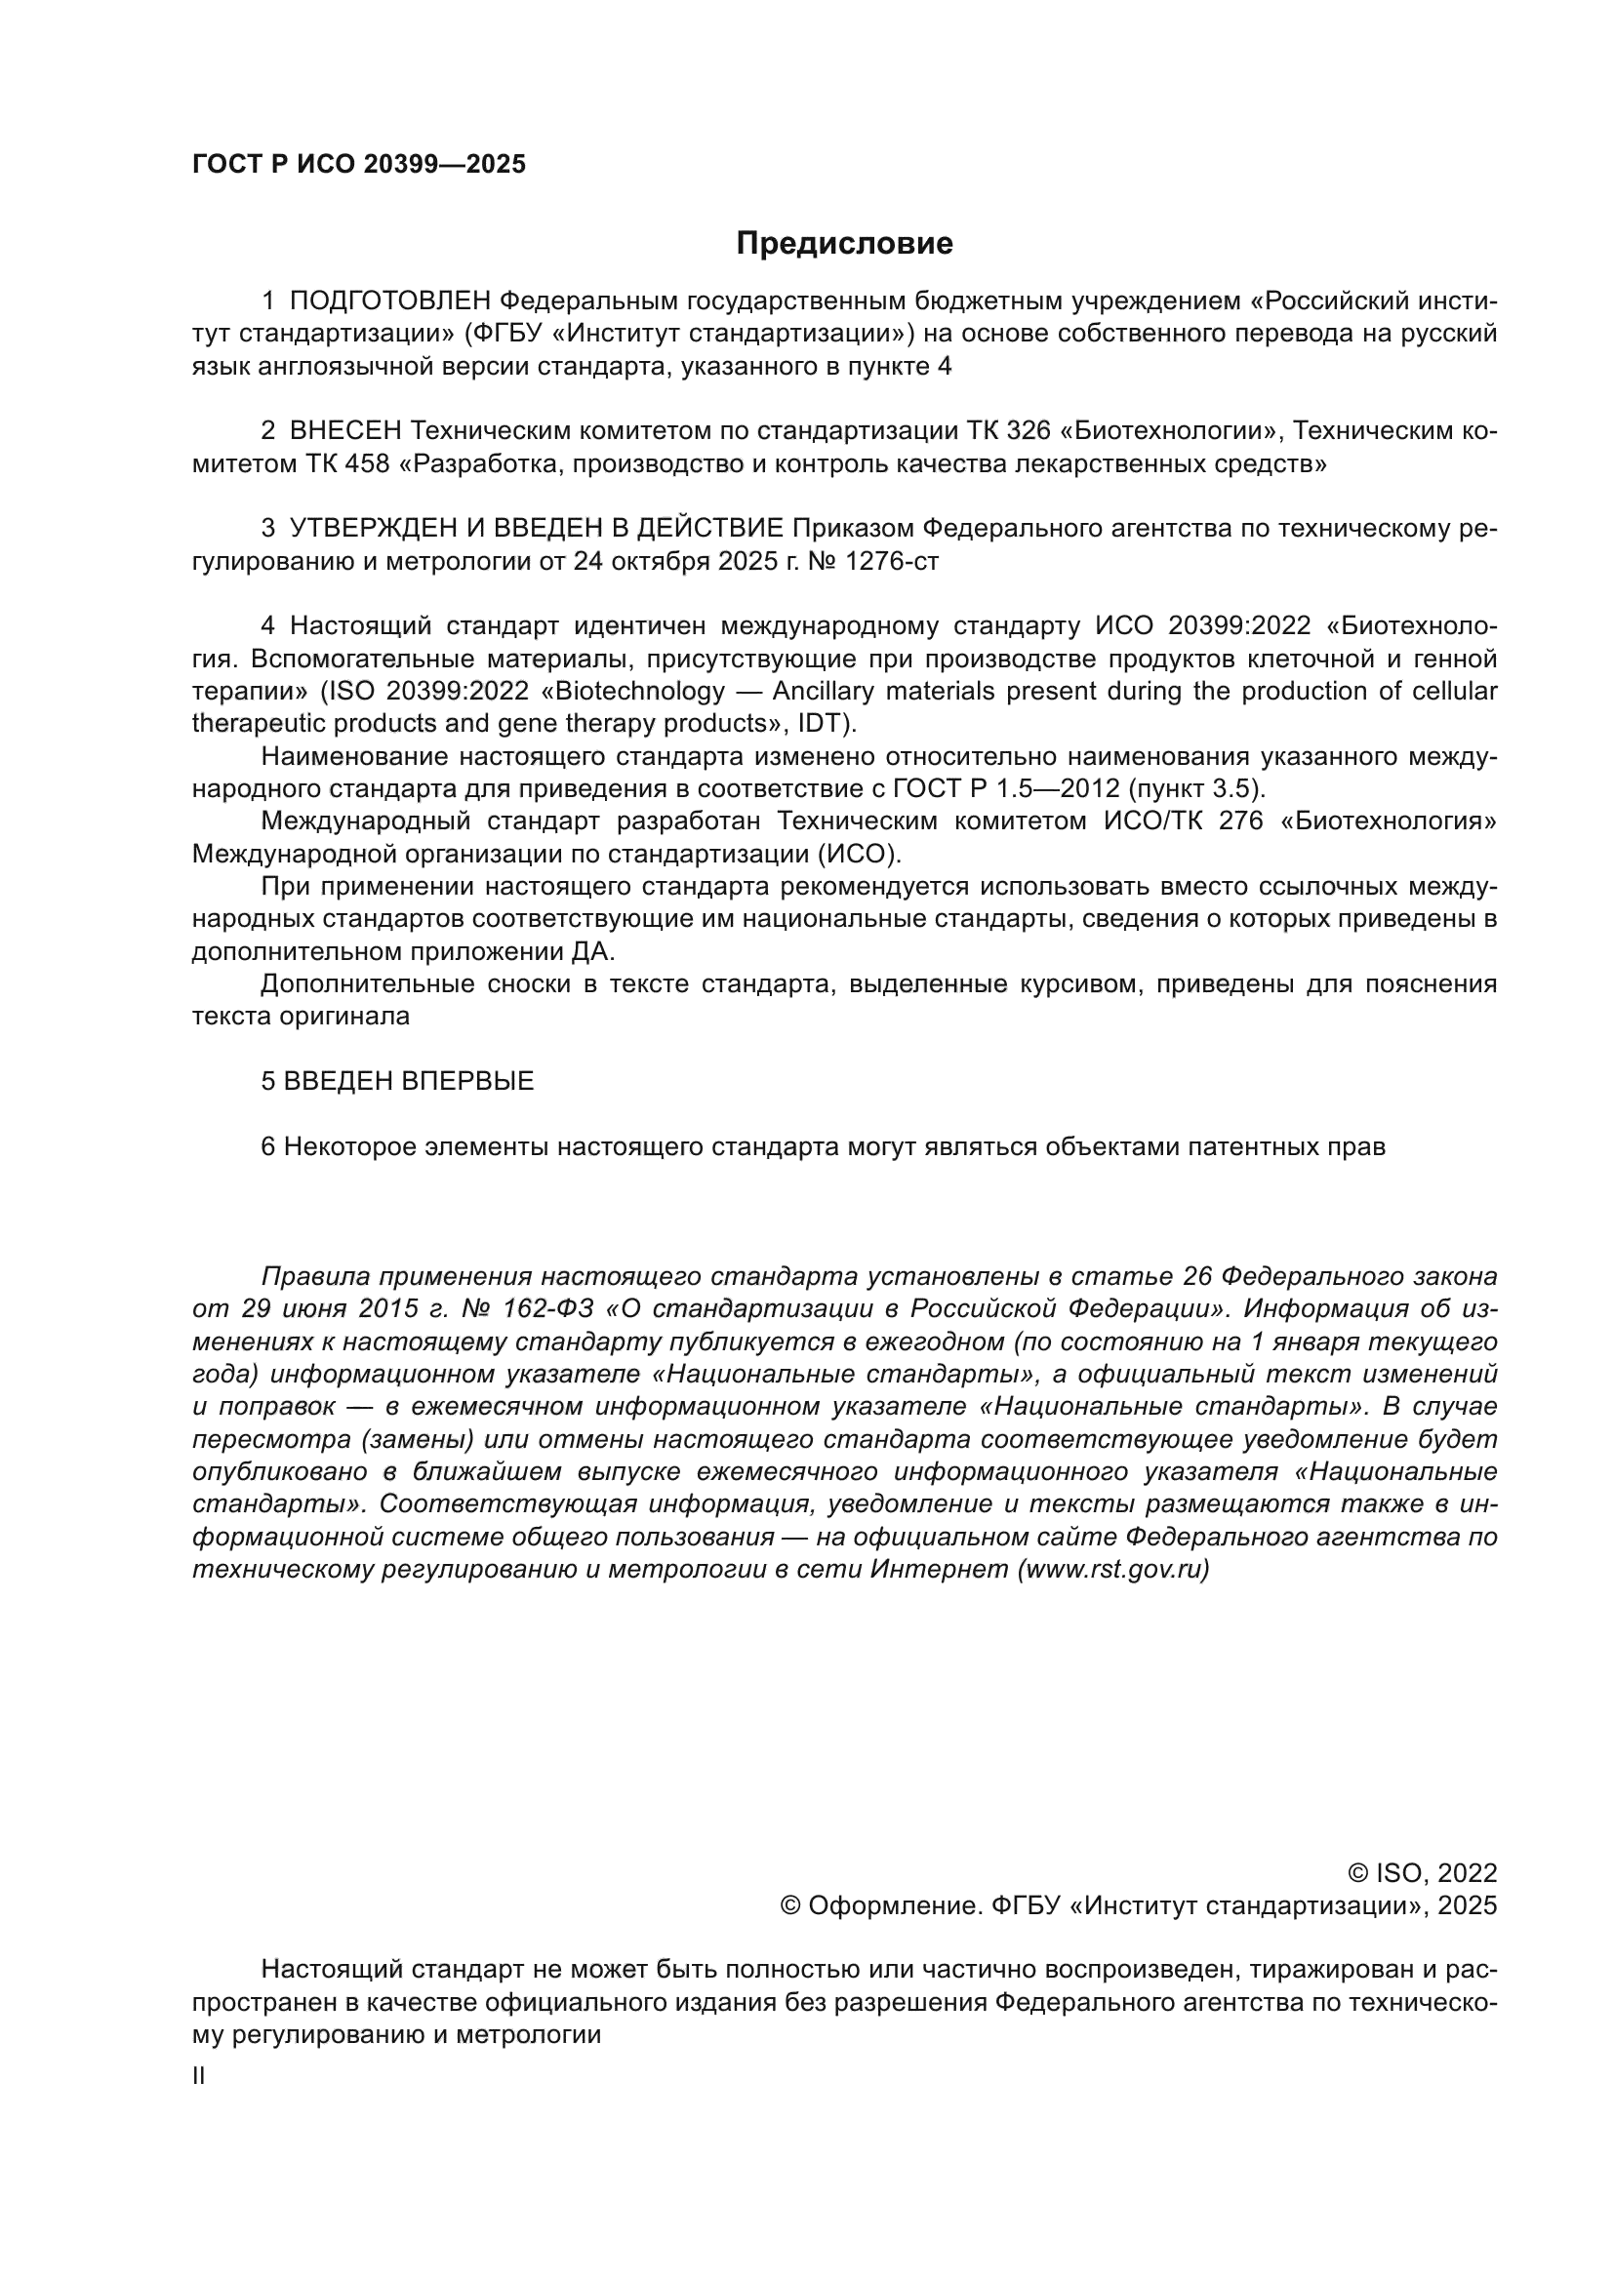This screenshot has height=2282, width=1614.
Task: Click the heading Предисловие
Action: point(844,244)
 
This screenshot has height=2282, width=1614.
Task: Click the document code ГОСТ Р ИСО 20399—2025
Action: point(359,165)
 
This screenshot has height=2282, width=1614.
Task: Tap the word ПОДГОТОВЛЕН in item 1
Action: point(389,301)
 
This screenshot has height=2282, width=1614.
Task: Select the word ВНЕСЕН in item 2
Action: point(345,431)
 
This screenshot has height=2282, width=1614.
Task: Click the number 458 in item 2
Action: point(368,464)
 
